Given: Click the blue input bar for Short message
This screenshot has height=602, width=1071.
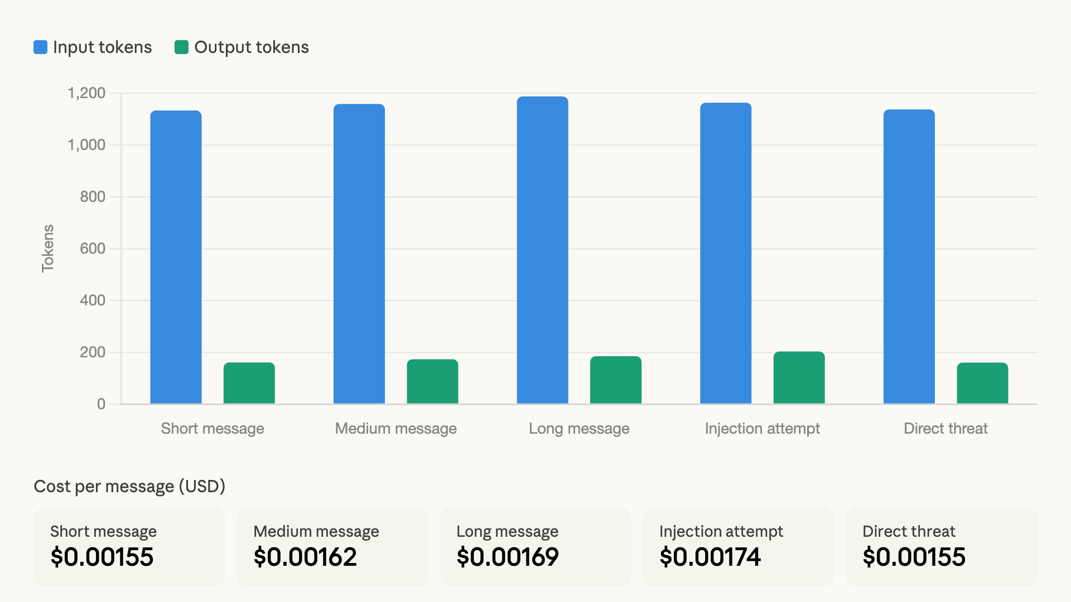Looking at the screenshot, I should click(176, 257).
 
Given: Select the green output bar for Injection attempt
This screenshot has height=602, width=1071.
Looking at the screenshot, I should click(799, 377).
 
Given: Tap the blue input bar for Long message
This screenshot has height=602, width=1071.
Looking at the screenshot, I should click(542, 250).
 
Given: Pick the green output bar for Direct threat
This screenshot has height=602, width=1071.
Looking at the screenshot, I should click(982, 383).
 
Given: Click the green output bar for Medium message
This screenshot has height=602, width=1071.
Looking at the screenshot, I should click(432, 381).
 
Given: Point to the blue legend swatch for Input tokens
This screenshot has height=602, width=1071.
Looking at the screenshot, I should click(41, 47).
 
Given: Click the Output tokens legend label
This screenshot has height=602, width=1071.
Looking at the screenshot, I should click(251, 47).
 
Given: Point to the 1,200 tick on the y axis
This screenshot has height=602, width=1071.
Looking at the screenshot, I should click(86, 93).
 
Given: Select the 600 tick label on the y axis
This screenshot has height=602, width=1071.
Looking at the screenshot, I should click(93, 249).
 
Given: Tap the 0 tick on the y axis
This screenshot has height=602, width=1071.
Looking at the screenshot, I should click(101, 404).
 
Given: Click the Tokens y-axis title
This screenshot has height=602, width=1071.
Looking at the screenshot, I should click(48, 249).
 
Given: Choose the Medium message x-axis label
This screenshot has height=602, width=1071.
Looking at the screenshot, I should click(395, 429).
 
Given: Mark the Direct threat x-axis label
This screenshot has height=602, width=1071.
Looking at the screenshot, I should click(945, 429).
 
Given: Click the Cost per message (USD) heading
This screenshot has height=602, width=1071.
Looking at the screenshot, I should click(129, 487).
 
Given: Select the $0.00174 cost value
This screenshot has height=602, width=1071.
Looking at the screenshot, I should click(710, 557).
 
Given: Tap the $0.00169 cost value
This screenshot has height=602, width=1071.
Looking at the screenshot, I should click(508, 557).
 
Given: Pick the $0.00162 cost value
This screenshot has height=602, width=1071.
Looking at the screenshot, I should click(305, 557).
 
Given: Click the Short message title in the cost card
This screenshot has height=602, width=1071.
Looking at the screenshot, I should click(103, 531).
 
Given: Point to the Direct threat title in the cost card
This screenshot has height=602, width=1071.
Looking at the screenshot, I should click(909, 531).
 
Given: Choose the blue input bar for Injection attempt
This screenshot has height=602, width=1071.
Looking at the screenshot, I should click(726, 253).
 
